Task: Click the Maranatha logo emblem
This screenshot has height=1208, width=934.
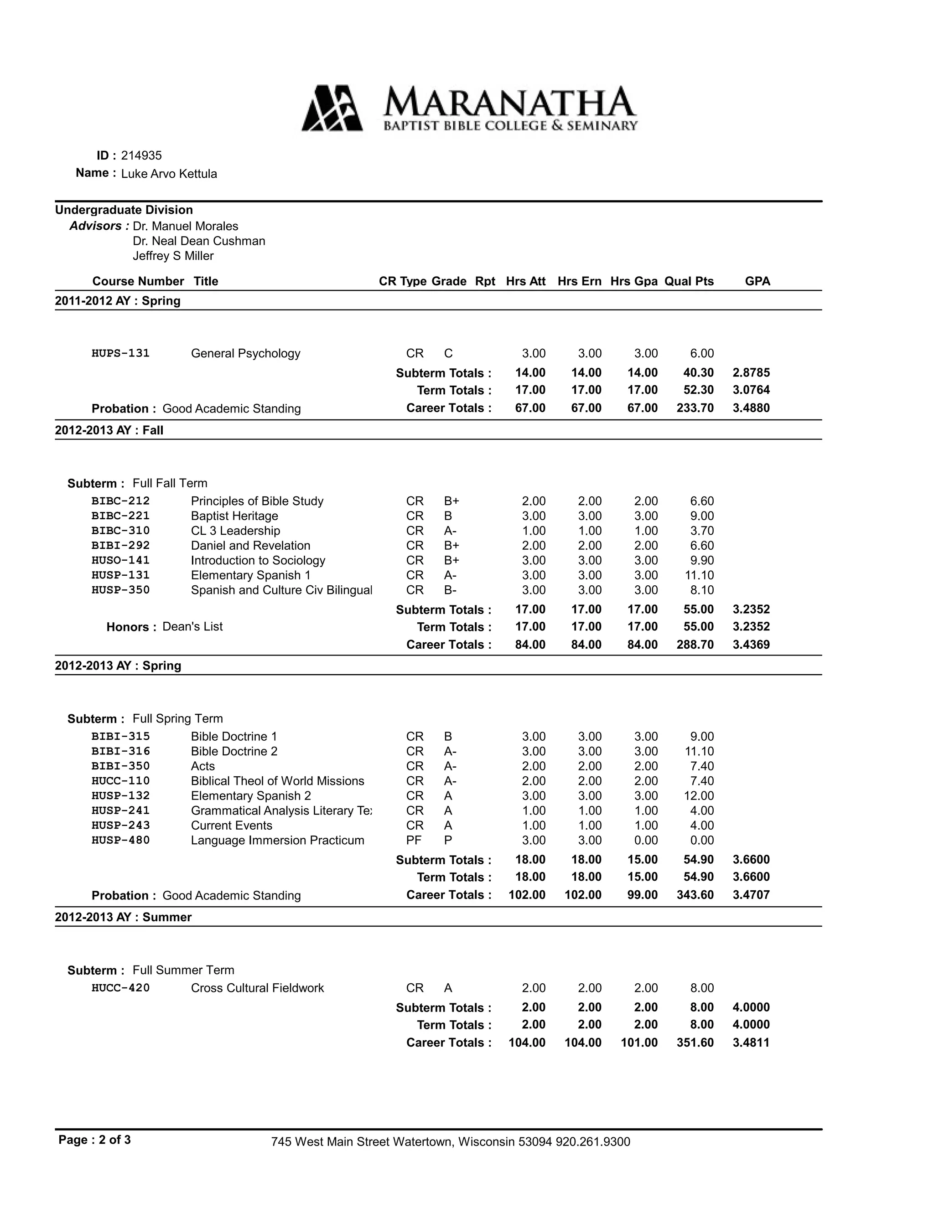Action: point(332,108)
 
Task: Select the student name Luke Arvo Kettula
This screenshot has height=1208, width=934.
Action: point(169,174)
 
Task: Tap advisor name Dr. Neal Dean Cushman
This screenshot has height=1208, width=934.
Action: point(199,241)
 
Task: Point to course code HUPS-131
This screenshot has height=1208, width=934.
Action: point(120,353)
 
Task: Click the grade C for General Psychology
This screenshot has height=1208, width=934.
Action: point(448,353)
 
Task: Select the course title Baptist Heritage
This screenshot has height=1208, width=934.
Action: point(234,516)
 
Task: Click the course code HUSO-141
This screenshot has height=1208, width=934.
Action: point(120,560)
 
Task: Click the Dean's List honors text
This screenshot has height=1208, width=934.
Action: point(192,627)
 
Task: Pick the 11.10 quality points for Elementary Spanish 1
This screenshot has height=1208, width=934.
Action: point(700,575)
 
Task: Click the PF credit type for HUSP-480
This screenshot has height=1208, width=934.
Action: point(414,840)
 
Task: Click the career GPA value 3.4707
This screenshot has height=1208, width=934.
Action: point(751,894)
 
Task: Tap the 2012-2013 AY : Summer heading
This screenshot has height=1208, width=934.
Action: point(124,917)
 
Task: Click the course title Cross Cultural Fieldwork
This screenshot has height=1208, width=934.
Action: point(257,988)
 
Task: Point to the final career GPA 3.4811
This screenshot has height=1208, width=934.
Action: point(751,1042)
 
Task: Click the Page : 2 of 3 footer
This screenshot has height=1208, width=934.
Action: point(94,1140)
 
